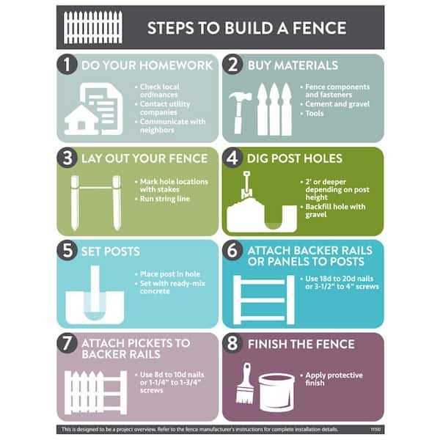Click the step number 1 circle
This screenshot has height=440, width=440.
point(68,65)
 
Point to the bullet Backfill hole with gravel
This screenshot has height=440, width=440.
point(334,211)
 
